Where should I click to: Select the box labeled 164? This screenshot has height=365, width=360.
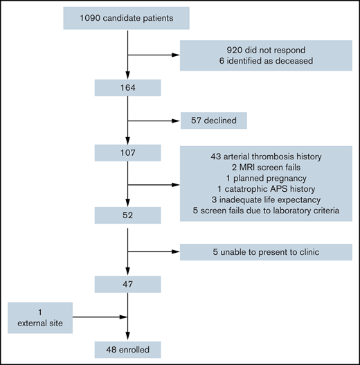point(129,88)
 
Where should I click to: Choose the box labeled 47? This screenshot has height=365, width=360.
point(129,284)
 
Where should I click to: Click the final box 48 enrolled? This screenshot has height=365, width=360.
point(129,349)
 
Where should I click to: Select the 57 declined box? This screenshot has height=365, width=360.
point(213,121)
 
